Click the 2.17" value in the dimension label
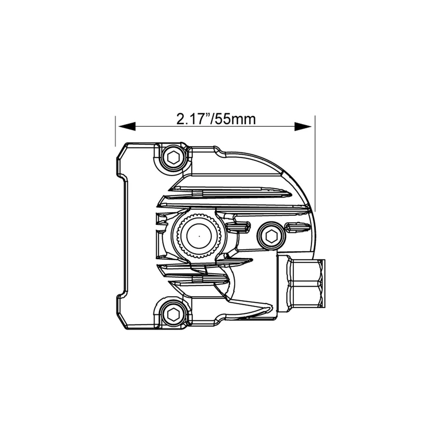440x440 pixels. coord(192,119)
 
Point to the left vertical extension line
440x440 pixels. coord(115,132)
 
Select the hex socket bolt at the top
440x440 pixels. coord(172,157)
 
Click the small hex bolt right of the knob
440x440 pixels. coord(270,237)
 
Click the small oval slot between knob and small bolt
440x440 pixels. coord(239,227)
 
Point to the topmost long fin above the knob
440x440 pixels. coord(229,191)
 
